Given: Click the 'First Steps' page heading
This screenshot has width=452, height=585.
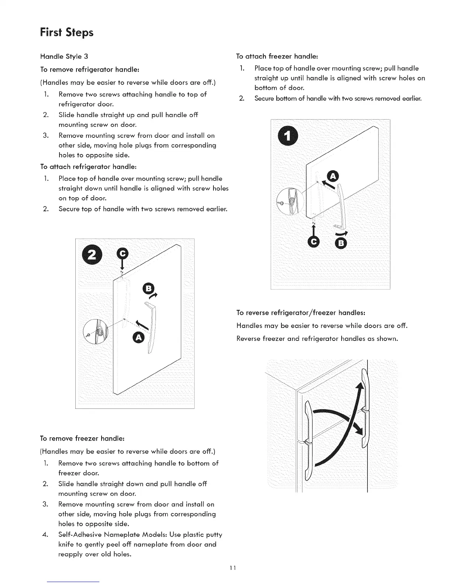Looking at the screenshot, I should (66, 32).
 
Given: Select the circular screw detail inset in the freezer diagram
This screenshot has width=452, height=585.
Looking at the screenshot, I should (290, 201).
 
